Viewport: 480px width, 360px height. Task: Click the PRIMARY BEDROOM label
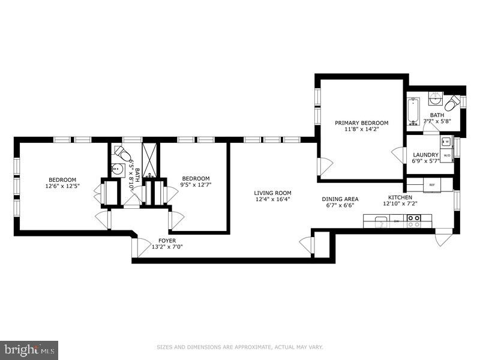point(362,122)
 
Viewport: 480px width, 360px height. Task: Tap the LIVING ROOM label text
point(273,193)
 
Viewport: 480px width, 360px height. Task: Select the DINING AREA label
point(340,199)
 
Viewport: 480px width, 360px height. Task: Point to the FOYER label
point(167,240)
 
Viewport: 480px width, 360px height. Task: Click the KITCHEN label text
point(400,197)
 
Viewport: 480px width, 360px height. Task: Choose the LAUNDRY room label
point(425,154)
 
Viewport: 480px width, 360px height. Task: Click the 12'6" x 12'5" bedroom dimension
point(62,186)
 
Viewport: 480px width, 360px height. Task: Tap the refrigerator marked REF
point(431,185)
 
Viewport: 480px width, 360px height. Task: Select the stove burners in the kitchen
point(414,223)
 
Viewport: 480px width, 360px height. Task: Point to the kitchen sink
point(379,223)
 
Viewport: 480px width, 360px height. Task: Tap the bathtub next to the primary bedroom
point(413,111)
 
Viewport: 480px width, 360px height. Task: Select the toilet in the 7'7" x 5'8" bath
point(457,101)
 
